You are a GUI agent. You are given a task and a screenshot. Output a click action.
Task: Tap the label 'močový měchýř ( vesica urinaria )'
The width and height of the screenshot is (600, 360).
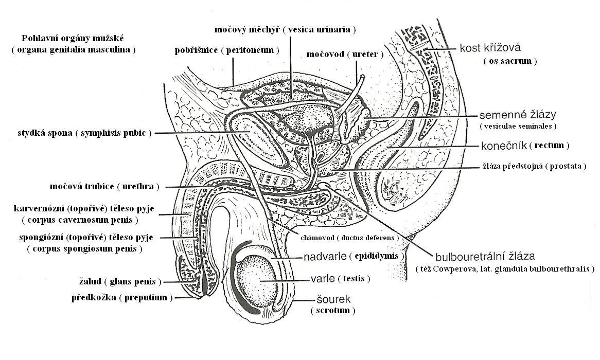coord(285,29)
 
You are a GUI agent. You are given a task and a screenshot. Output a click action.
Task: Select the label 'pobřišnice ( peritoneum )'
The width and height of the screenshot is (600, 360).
coord(227,50)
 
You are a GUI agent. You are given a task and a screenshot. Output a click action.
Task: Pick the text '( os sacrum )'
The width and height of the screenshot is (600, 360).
coord(510,61)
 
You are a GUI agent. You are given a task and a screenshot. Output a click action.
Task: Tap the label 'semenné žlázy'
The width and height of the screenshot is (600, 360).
coord(517,114)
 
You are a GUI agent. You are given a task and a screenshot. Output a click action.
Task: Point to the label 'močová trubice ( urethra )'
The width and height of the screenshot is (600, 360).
coord(105,186)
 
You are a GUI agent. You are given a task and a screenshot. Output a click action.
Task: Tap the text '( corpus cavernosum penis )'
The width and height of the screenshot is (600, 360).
coord(80,220)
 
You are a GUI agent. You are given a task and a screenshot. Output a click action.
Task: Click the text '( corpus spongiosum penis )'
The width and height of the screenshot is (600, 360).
coord(84,249)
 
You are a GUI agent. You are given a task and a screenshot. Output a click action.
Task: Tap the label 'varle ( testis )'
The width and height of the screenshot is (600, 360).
coord(340,279)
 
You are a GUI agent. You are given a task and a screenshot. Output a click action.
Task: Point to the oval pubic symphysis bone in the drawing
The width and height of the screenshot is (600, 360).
coord(257,147)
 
